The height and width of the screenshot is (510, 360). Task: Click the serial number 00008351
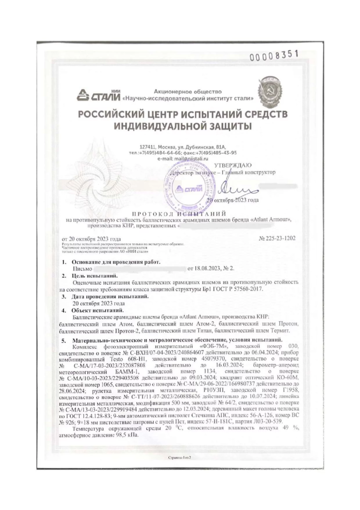coord(274,56)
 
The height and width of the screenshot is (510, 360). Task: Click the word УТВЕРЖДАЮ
coord(233,165)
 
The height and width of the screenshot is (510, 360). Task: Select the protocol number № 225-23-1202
coord(277,238)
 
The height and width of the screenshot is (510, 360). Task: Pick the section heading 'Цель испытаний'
coord(95,275)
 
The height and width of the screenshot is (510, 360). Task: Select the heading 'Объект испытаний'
coord(97,310)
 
